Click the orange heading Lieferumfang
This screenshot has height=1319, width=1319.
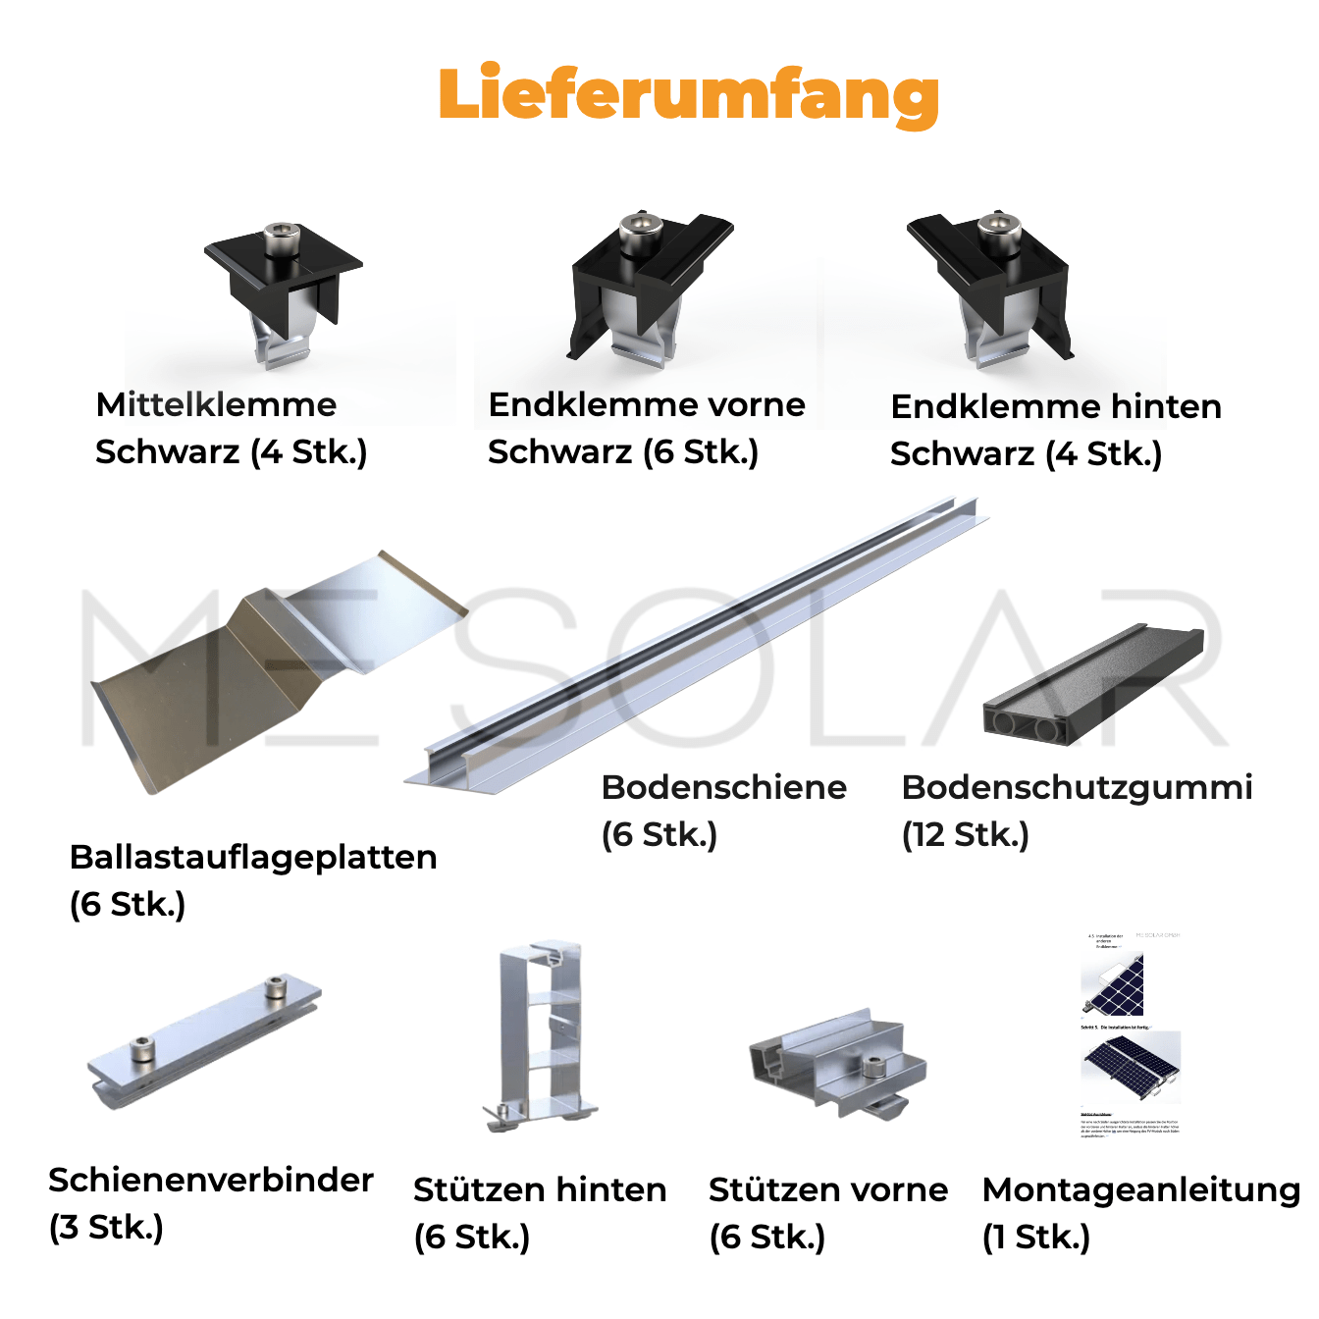tap(688, 95)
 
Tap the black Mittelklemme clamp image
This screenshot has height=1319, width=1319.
tap(284, 290)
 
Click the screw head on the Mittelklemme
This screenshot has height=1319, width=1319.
tap(283, 237)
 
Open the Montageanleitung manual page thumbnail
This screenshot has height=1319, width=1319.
tap(1131, 1035)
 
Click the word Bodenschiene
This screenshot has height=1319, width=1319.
tap(723, 787)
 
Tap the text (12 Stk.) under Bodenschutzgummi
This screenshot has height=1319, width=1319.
tap(965, 834)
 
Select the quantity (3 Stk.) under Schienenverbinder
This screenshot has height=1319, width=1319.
tap(106, 1227)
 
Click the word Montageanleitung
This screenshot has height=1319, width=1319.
tap(1140, 1189)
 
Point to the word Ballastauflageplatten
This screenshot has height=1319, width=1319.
tap(253, 857)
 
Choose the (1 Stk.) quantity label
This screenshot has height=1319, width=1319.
tap(1035, 1237)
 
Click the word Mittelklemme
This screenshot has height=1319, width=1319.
tap(216, 404)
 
